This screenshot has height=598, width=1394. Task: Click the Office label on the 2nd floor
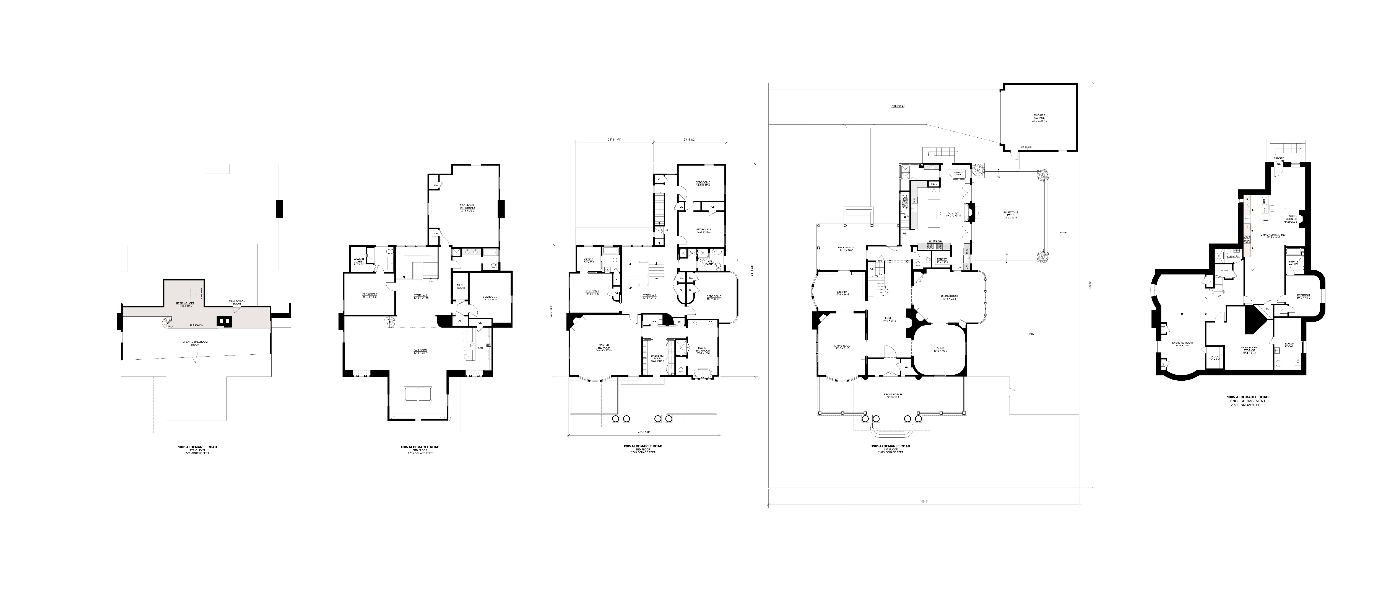(x=589, y=261)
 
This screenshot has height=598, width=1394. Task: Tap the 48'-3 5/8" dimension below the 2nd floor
(x=643, y=432)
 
